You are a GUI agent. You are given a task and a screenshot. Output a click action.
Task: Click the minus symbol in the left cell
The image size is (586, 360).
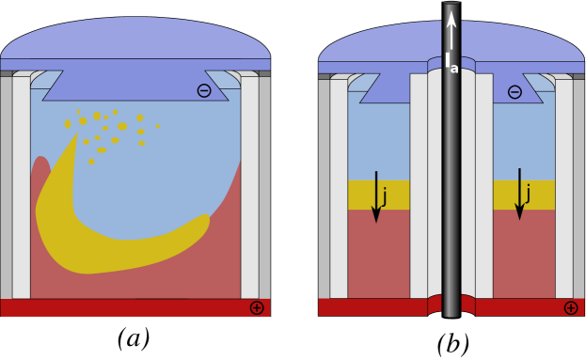tap(204, 90)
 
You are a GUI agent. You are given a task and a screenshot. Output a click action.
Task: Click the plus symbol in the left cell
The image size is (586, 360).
tap(257, 307)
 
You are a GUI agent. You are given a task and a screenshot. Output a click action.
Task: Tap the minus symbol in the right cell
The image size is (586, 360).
tap(515, 92)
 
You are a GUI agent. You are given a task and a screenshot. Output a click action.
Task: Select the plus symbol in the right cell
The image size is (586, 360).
tap(571, 307)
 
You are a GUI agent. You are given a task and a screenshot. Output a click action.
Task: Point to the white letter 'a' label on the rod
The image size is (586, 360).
tap(454, 69)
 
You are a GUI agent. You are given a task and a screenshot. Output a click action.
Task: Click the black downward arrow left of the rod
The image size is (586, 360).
tap(376, 196)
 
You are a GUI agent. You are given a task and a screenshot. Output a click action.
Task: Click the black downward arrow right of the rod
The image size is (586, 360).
tap(519, 194)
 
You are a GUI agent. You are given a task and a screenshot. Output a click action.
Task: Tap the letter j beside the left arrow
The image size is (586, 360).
tap(385, 196)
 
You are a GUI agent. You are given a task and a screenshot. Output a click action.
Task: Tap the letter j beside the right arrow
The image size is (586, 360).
tap(528, 194)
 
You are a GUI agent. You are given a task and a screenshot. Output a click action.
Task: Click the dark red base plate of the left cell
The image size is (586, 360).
tap(132, 307)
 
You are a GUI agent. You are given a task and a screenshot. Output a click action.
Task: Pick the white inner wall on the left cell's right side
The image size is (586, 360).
tap(249, 188)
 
